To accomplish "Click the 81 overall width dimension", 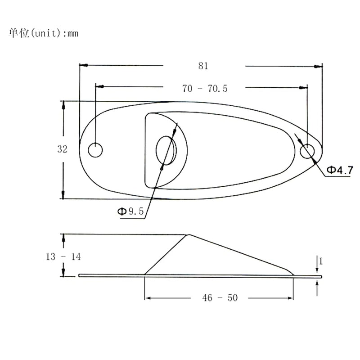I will click(203, 66).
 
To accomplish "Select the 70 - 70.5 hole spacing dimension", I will click(205, 89).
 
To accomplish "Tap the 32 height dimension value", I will click(62, 149).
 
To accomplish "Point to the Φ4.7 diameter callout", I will click(339, 170).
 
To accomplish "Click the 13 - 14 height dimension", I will click(63, 257).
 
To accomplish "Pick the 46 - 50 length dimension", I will click(219, 297).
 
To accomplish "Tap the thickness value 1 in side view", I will click(320, 260).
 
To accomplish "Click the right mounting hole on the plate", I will click(308, 152).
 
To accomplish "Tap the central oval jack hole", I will click(167, 151).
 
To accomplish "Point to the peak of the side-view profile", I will click(188, 234).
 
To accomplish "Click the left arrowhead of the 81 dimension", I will click(83, 66).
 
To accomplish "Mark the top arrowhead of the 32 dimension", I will click(63, 104).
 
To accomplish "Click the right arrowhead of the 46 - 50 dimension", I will click(290, 297).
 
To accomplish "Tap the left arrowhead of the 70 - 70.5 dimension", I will click(99, 86).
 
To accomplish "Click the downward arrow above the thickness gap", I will click(318, 270).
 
